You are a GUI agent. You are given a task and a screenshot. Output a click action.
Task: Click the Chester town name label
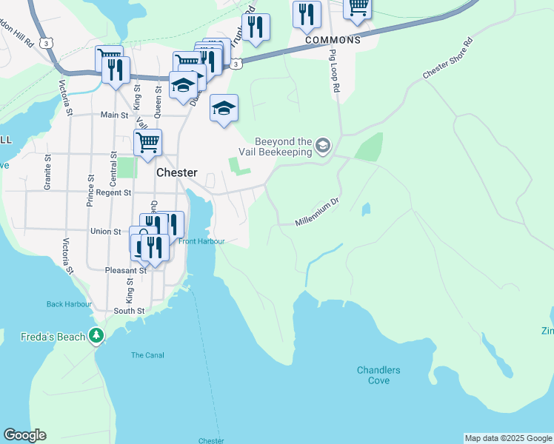[x=177, y=172]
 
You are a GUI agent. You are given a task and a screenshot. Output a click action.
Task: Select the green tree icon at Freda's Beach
[x=96, y=336]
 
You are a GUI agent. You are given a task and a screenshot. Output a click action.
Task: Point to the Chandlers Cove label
[x=378, y=375]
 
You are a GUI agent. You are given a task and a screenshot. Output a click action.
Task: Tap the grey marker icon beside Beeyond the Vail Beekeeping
[x=322, y=145]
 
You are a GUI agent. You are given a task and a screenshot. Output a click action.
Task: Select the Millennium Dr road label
[x=316, y=212]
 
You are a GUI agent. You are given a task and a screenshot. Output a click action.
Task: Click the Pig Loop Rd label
[x=335, y=70]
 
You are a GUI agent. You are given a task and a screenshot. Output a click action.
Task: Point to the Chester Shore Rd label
[x=447, y=58]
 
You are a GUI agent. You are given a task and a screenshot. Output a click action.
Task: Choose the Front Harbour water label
[x=201, y=241]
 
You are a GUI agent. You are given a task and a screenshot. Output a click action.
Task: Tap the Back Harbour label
[x=69, y=304]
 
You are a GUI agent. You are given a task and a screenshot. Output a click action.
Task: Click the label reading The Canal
[x=147, y=355]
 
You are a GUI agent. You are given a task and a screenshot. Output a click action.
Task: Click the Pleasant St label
[x=124, y=270]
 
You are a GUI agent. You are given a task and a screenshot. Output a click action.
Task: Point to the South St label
[x=129, y=311]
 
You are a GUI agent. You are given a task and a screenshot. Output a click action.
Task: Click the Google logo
[x=24, y=435]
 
